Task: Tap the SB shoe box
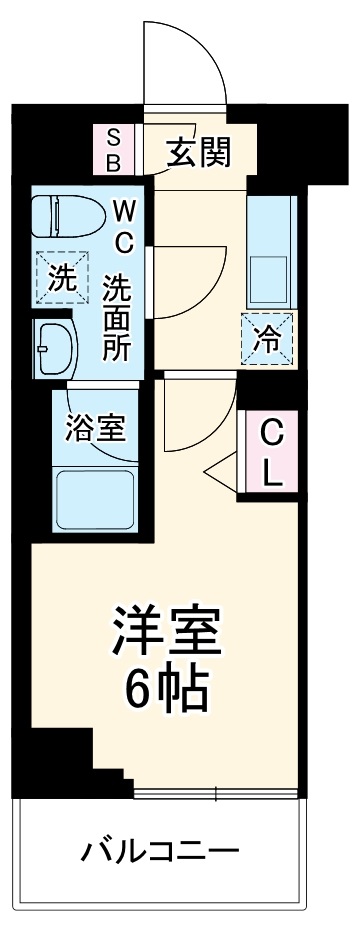tap(113, 148)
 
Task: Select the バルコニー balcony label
tap(160, 852)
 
